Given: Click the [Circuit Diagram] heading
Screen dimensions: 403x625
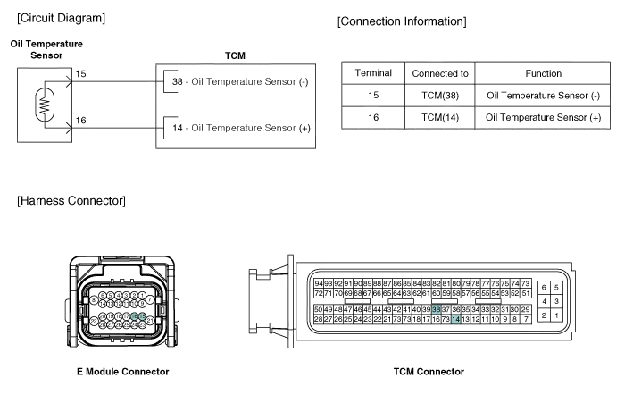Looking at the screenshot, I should click(61, 17).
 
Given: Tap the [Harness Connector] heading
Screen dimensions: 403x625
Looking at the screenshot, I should click(71, 200).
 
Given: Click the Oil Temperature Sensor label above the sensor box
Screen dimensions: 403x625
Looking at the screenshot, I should click(46, 49).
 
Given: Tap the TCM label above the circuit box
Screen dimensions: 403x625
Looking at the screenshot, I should click(236, 55).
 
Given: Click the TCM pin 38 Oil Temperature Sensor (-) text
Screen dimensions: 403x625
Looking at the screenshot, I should click(239, 83).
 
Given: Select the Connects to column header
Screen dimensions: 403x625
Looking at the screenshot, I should click(440, 73).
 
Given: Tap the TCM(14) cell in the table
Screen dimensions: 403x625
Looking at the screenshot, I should click(440, 117).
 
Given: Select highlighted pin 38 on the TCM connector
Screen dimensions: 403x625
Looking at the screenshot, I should click(437, 309).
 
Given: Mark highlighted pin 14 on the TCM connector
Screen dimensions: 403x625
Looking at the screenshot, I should click(456, 319).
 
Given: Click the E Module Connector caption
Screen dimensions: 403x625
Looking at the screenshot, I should click(121, 371).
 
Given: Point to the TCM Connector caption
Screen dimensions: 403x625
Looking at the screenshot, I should click(428, 371).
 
